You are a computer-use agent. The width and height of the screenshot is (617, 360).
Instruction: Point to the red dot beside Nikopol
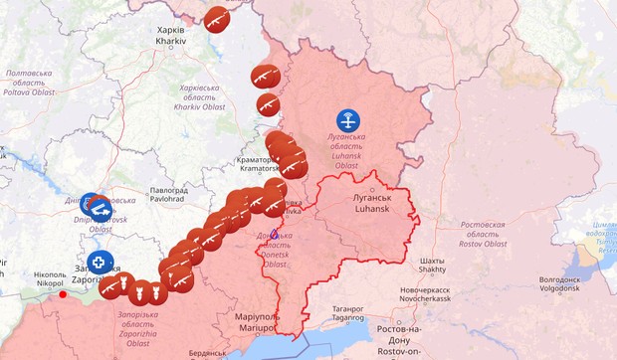(x=63, y=293)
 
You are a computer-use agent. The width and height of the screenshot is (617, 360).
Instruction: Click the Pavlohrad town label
(x=168, y=193)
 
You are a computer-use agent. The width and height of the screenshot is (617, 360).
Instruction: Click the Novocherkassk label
(x=427, y=295)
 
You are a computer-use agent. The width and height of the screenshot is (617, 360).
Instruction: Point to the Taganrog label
(x=348, y=313)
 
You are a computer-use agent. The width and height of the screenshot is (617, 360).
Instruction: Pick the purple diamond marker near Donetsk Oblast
(x=275, y=235)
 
